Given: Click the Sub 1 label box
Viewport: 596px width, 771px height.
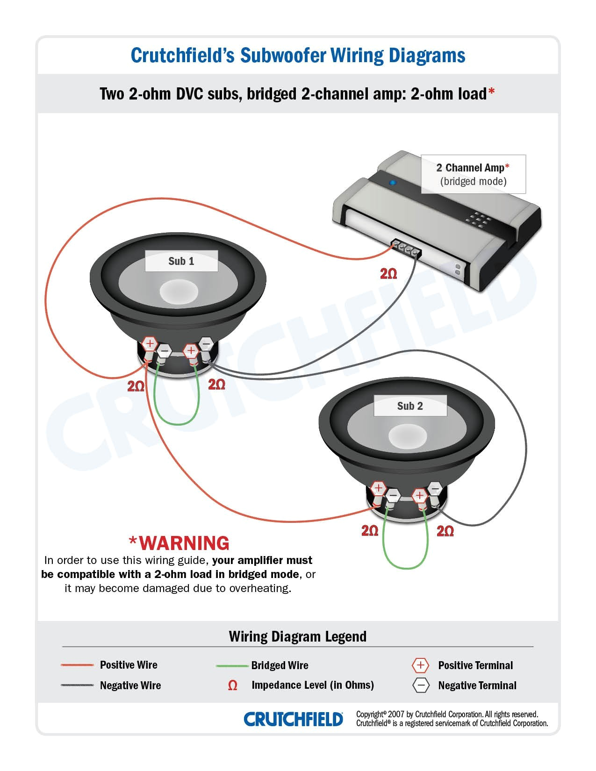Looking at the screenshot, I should [181, 261].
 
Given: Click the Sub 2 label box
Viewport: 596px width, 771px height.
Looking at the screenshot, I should [410, 406].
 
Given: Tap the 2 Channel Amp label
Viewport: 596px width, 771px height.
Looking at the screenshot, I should [473, 174].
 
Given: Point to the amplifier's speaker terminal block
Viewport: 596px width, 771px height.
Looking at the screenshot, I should [406, 250].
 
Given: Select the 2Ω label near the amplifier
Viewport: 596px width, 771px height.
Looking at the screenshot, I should [388, 274].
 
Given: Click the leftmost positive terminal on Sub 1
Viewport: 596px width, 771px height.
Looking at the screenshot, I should [149, 344].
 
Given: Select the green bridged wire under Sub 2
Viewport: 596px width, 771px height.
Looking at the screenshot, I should [405, 567].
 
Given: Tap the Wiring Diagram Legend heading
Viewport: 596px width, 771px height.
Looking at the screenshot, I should [297, 636].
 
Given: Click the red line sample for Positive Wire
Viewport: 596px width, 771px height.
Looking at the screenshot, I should [77, 665].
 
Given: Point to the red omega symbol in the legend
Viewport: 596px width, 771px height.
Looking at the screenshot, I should [232, 685].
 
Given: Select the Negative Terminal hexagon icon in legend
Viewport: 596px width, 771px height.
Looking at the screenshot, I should [421, 685].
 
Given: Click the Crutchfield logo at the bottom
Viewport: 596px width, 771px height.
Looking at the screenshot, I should [293, 719].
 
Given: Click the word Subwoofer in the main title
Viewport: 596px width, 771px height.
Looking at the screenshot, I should [283, 55].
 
